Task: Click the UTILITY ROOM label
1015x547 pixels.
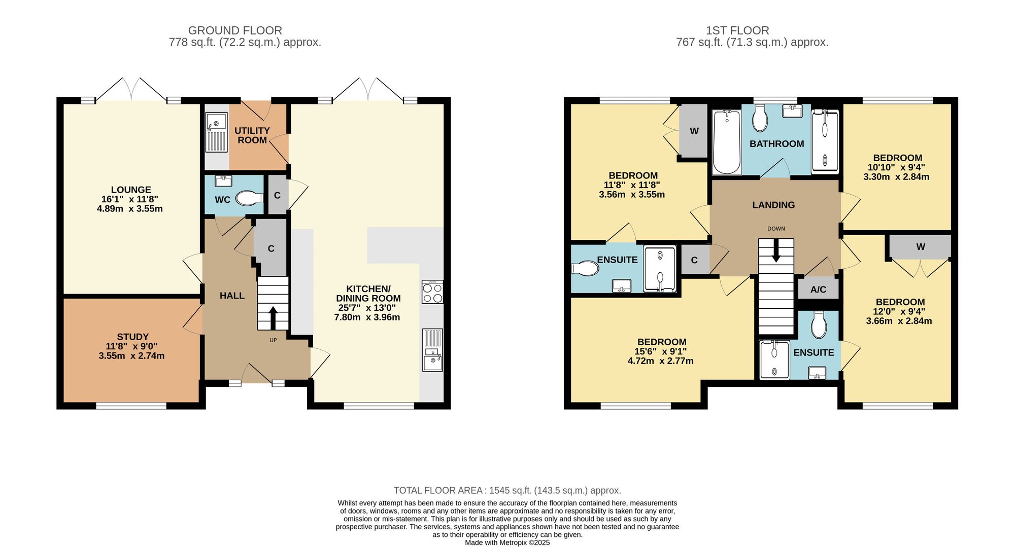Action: (x=252, y=135)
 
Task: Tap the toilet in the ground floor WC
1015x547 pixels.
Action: (x=249, y=198)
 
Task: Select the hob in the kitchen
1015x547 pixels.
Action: (x=432, y=292)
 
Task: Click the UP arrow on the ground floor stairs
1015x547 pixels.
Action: (x=273, y=318)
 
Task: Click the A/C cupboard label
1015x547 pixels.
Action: (x=818, y=289)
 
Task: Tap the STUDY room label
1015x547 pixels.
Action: (x=132, y=337)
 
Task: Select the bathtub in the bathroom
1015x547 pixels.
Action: (x=727, y=142)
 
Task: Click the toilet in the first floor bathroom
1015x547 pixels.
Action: (x=760, y=119)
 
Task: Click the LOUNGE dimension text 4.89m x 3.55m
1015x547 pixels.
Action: (x=130, y=208)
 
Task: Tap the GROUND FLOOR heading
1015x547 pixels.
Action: (x=235, y=30)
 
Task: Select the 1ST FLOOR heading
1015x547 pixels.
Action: (x=737, y=30)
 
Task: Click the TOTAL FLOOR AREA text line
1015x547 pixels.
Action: (x=507, y=490)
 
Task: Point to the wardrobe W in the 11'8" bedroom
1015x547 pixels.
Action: (x=694, y=131)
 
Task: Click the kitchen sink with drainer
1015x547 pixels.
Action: (x=432, y=350)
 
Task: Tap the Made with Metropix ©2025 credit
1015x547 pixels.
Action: (x=507, y=542)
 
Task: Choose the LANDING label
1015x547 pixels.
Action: (x=773, y=205)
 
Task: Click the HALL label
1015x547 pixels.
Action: (x=232, y=296)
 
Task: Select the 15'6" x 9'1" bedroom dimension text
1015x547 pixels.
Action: (x=662, y=351)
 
